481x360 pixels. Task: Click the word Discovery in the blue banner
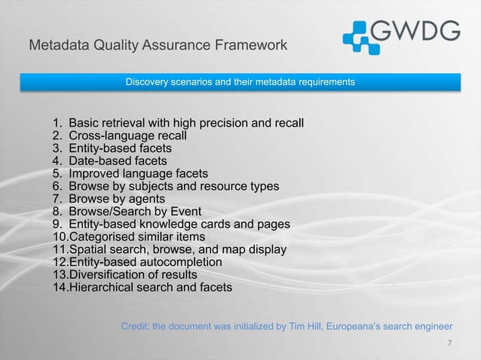point(146,81)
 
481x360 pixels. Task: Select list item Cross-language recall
point(127,136)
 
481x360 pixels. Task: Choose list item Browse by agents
point(117,199)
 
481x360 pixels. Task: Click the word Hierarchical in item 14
point(103,288)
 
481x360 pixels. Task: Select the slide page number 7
point(449,344)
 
